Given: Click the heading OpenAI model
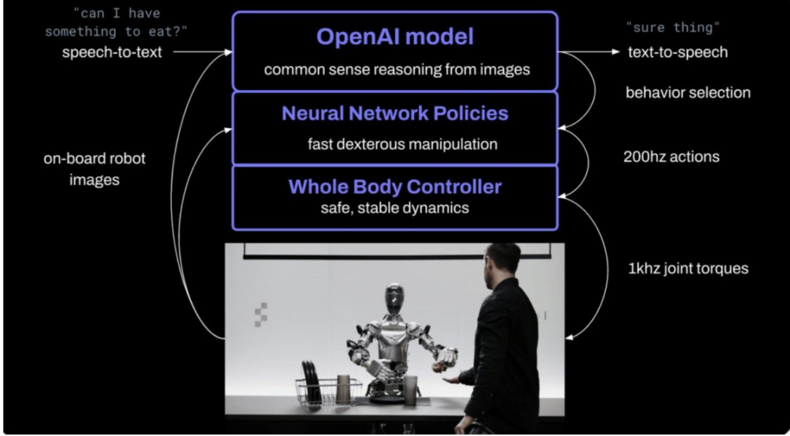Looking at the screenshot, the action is pyautogui.click(x=395, y=37).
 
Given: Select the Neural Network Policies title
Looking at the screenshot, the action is pyautogui.click(x=395, y=113).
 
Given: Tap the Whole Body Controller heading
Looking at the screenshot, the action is pyautogui.click(x=395, y=187).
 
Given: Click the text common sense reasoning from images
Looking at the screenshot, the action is pyautogui.click(x=396, y=69).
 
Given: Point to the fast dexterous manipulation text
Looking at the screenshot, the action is pyautogui.click(x=402, y=144).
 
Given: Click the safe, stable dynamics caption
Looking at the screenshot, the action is pyautogui.click(x=395, y=207).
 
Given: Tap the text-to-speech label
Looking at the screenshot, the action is pyautogui.click(x=677, y=52).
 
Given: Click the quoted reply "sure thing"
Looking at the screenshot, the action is pyautogui.click(x=673, y=28).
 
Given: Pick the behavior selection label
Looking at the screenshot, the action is pyautogui.click(x=688, y=93).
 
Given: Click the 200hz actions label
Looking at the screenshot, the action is pyautogui.click(x=671, y=157).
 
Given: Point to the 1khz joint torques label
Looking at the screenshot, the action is pyautogui.click(x=688, y=268).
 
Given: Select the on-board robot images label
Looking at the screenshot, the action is pyautogui.click(x=94, y=169).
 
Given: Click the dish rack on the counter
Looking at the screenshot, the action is pyautogui.click(x=328, y=388).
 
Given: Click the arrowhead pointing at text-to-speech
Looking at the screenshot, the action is pyautogui.click(x=616, y=52).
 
